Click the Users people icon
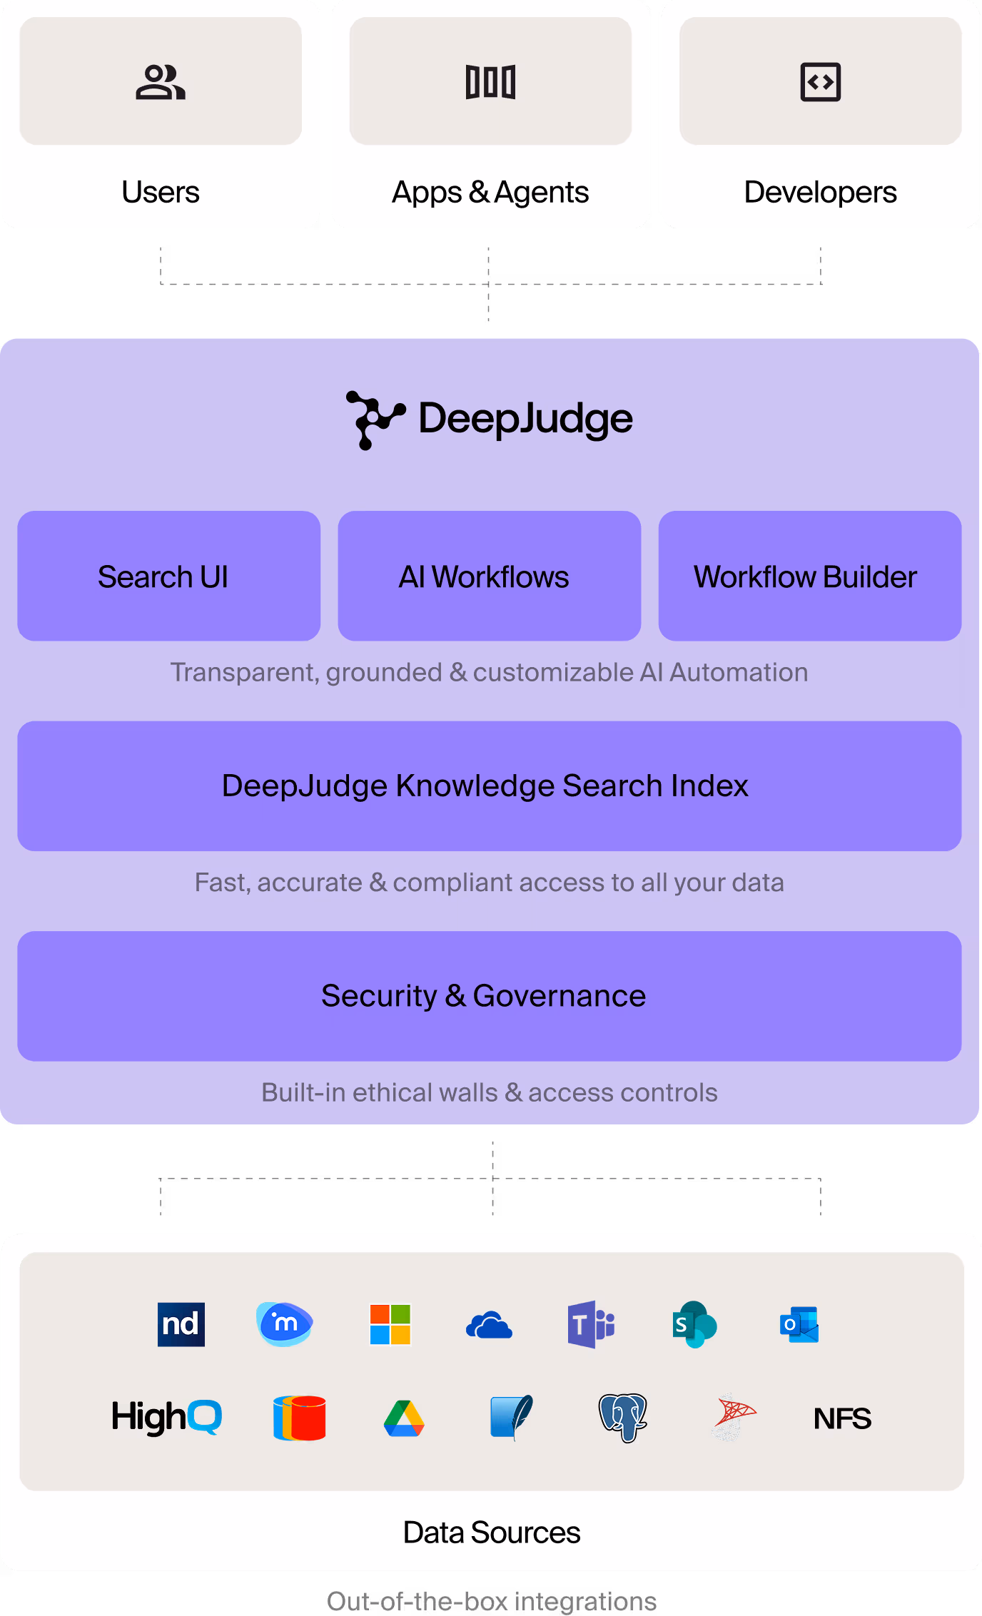[x=161, y=82]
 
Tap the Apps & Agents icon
[x=490, y=82]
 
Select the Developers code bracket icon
[x=820, y=82]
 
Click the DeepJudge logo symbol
[x=374, y=420]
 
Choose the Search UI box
[x=168, y=576]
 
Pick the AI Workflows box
[x=489, y=576]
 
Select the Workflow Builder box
[x=809, y=576]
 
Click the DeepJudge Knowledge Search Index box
[x=489, y=786]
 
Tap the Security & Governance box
[x=489, y=996]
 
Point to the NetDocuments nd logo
[x=181, y=1324]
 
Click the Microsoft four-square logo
[x=390, y=1324]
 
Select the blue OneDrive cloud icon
[x=489, y=1326]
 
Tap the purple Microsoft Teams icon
[x=591, y=1324]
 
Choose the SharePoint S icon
[x=694, y=1324]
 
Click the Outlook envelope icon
[x=799, y=1325]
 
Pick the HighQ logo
[x=167, y=1417]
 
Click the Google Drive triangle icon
[x=404, y=1418]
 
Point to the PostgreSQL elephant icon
[x=622, y=1417]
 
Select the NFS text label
[x=842, y=1418]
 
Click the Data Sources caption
[x=491, y=1533]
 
